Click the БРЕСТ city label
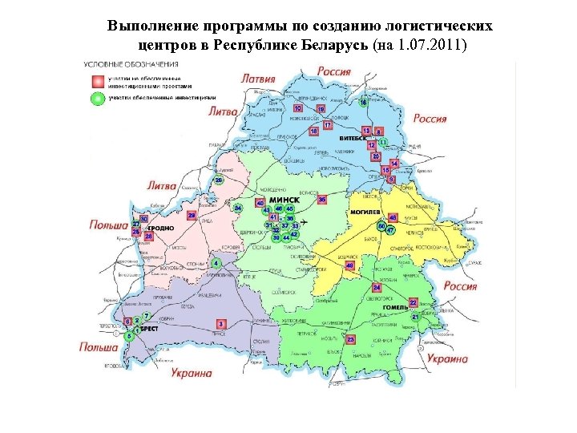pos(147,329)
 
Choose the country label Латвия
pos(258,79)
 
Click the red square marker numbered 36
pos(322,199)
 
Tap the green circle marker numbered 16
pos(364,103)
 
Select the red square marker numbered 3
pos(221,323)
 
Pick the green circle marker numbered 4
pos(216,263)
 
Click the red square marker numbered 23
pos(350,340)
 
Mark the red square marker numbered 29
pos(192,216)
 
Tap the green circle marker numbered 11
pos(383,141)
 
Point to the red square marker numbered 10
pos(298,107)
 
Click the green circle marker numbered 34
pos(238,208)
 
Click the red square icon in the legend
pos(96,81)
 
